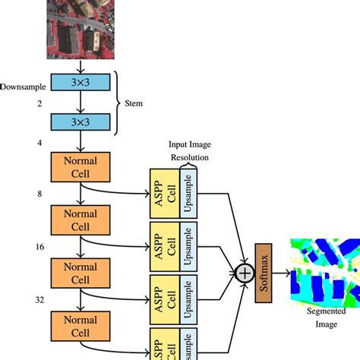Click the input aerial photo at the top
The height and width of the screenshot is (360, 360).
[x=80, y=29]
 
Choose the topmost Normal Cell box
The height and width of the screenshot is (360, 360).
[x=81, y=166]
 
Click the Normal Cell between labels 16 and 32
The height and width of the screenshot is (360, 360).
[x=81, y=273]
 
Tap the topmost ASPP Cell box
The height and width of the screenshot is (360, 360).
[x=163, y=194]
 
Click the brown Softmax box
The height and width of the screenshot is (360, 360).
[x=264, y=272]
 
